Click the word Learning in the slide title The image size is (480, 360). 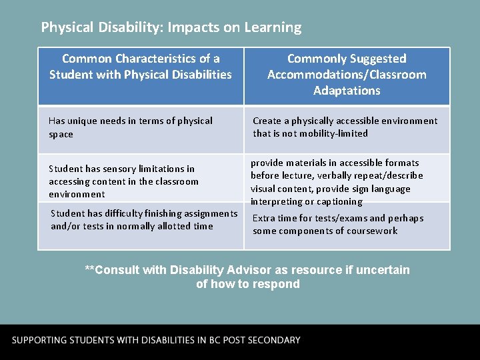[x=273, y=28]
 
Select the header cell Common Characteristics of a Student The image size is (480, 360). [x=141, y=67]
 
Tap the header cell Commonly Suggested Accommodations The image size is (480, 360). [x=347, y=75]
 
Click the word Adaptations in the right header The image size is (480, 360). [x=347, y=91]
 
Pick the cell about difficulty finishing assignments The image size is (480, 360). [x=144, y=219]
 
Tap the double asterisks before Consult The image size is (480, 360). [x=89, y=270]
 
